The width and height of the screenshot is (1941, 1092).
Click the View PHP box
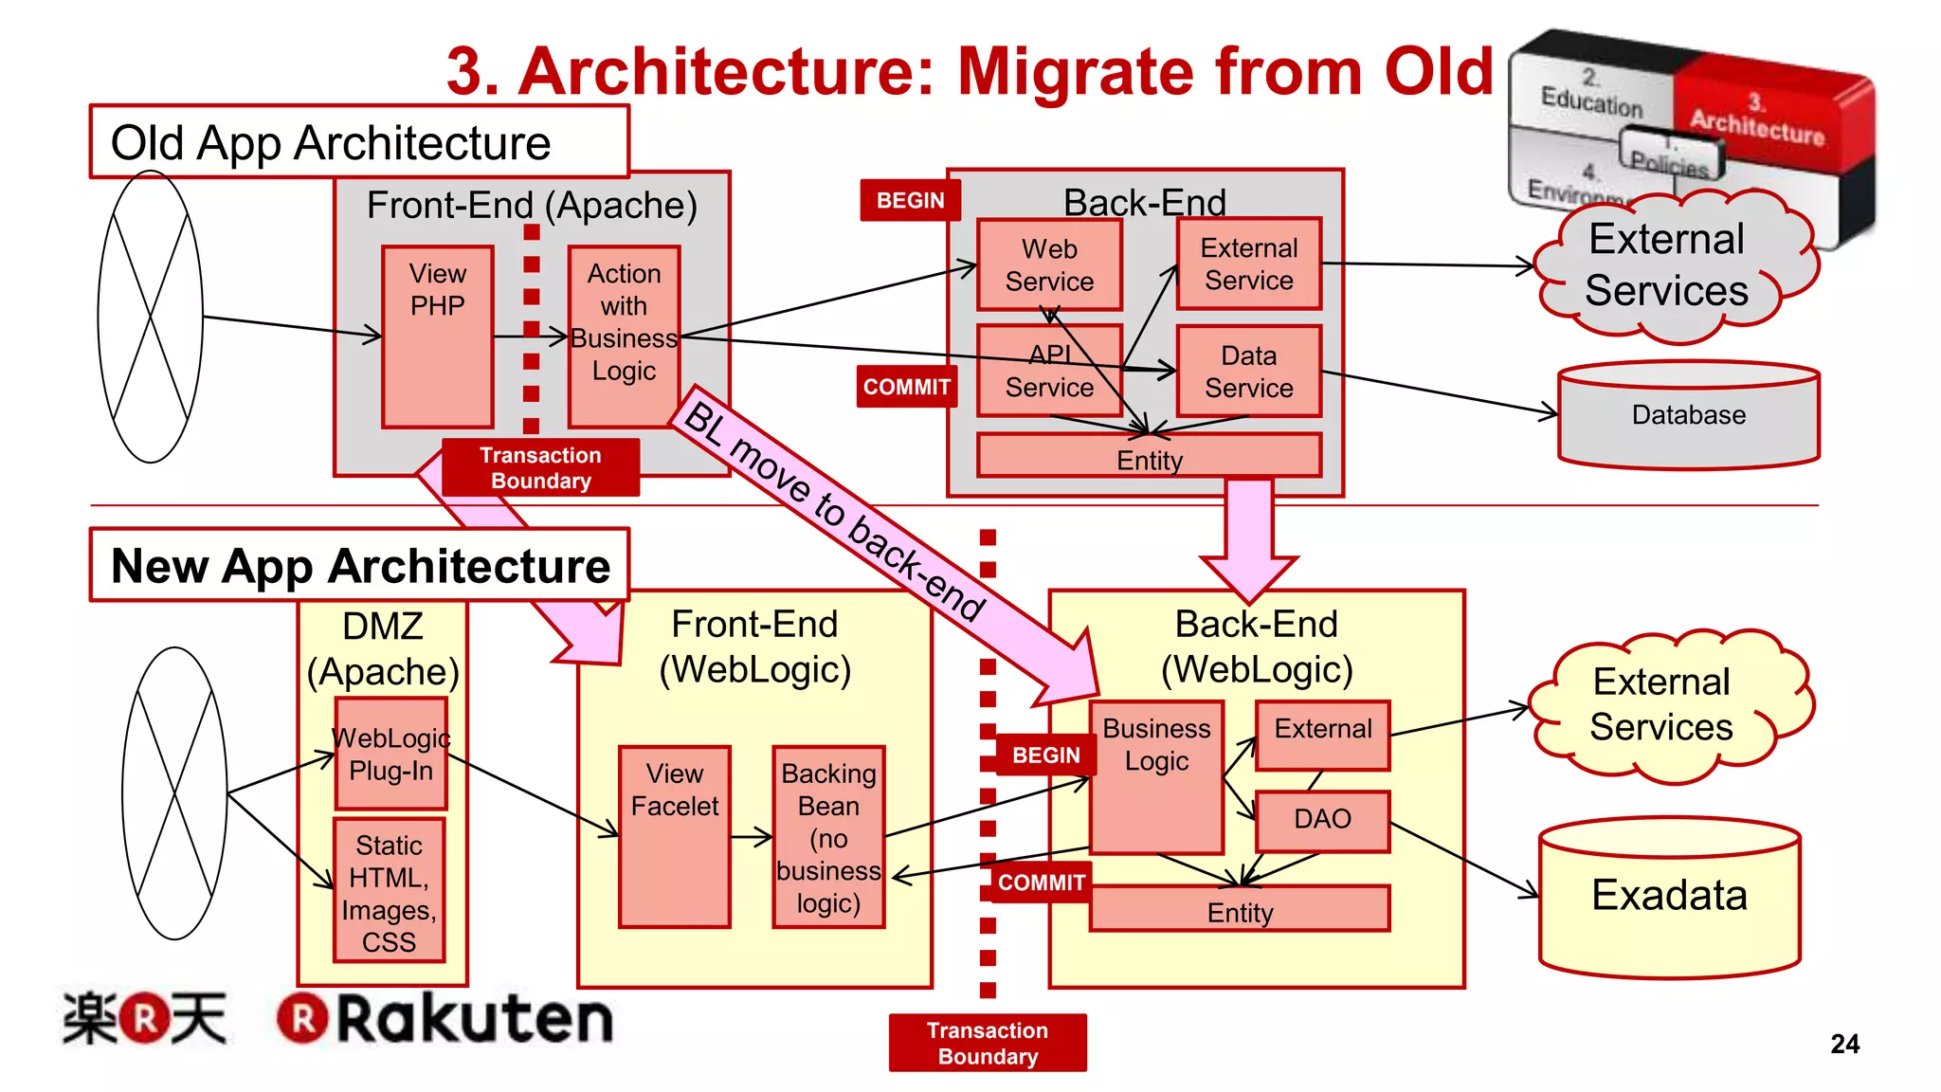(437, 337)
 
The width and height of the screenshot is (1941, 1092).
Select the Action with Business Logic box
(624, 337)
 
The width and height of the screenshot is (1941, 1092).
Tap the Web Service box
(1049, 264)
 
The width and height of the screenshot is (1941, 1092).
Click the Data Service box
(1248, 371)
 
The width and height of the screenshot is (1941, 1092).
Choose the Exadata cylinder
(1669, 897)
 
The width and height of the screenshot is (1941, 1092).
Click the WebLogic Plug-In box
(390, 754)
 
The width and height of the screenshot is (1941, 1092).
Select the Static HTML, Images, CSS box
(389, 891)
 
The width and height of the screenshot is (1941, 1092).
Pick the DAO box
(1322, 820)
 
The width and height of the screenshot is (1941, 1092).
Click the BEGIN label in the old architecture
(910, 201)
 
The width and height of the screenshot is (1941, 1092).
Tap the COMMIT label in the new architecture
(1041, 883)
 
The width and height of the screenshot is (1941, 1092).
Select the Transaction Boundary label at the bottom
(988, 1043)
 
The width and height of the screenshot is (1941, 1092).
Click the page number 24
(1844, 1044)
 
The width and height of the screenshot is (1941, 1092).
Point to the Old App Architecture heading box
(358, 142)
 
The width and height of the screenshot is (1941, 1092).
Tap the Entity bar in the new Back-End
(1239, 911)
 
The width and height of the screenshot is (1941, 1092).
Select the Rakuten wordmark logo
(445, 1019)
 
